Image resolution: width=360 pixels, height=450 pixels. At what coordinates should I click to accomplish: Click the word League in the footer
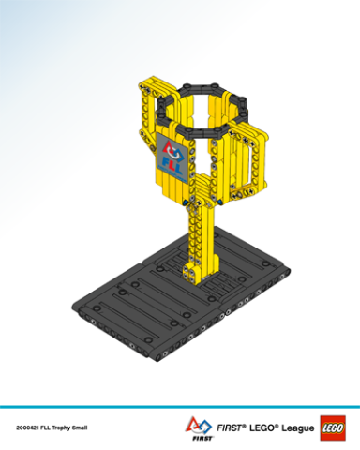[x=294, y=425]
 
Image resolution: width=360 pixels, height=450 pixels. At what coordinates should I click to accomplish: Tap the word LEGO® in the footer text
[x=265, y=425]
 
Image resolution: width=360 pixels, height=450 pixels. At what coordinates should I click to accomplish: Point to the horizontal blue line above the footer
[x=180, y=407]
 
